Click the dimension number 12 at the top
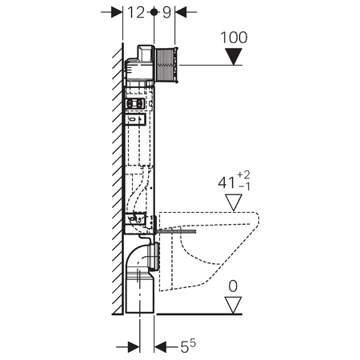coord(136,13)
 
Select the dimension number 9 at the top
coord(166,13)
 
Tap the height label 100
coord(234,38)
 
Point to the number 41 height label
coord(226,183)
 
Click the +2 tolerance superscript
coord(244,175)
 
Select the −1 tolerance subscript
coord(244,186)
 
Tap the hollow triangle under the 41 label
coord(234,202)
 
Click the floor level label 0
coord(233,286)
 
